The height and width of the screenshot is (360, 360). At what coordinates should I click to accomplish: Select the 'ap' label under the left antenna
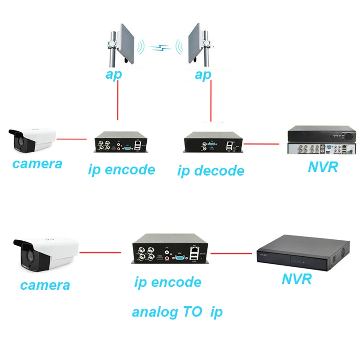113,75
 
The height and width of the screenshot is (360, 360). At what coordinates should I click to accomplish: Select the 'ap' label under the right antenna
202,75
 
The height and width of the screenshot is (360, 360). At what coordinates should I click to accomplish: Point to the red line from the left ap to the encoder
117,101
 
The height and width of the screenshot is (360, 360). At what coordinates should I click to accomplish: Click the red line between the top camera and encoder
73,139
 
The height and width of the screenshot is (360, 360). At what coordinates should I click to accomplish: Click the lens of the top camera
17,140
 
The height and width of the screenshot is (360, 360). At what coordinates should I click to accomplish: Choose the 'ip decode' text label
211,171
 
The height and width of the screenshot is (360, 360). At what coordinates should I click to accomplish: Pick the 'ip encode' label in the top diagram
121,170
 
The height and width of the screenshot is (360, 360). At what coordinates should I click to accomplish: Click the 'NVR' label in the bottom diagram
297,279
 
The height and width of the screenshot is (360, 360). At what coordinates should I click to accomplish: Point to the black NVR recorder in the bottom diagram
302,252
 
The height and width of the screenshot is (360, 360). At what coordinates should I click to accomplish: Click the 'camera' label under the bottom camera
45,285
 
